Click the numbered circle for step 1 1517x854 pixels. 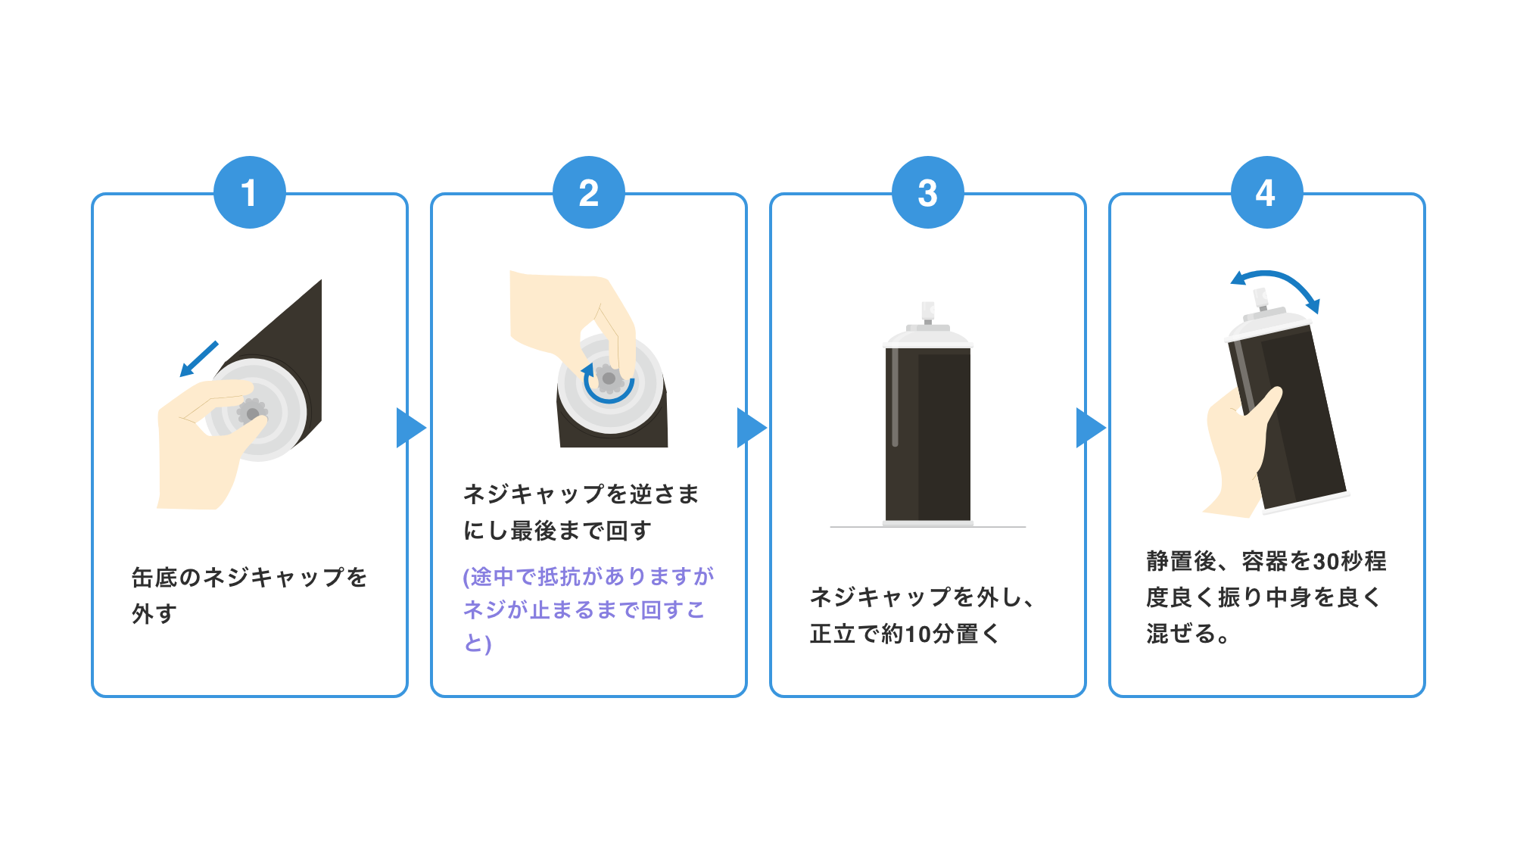click(x=249, y=192)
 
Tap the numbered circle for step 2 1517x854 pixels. click(x=588, y=192)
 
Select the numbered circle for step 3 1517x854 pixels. click(x=927, y=192)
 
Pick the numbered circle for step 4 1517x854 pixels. click(x=1266, y=192)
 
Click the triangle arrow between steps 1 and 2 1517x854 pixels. click(x=410, y=428)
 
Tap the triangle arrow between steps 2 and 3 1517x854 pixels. click(x=750, y=428)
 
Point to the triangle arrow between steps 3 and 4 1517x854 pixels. click(x=1089, y=428)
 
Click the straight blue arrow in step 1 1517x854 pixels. click(x=199, y=358)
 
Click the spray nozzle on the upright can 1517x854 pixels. click(x=927, y=312)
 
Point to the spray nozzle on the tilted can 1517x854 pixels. click(x=1260, y=298)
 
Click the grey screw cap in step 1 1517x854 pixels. click(x=252, y=413)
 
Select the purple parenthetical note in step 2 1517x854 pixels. click(x=587, y=609)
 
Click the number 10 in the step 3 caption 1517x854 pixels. click(x=917, y=634)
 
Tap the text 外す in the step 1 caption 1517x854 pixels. click(x=154, y=613)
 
